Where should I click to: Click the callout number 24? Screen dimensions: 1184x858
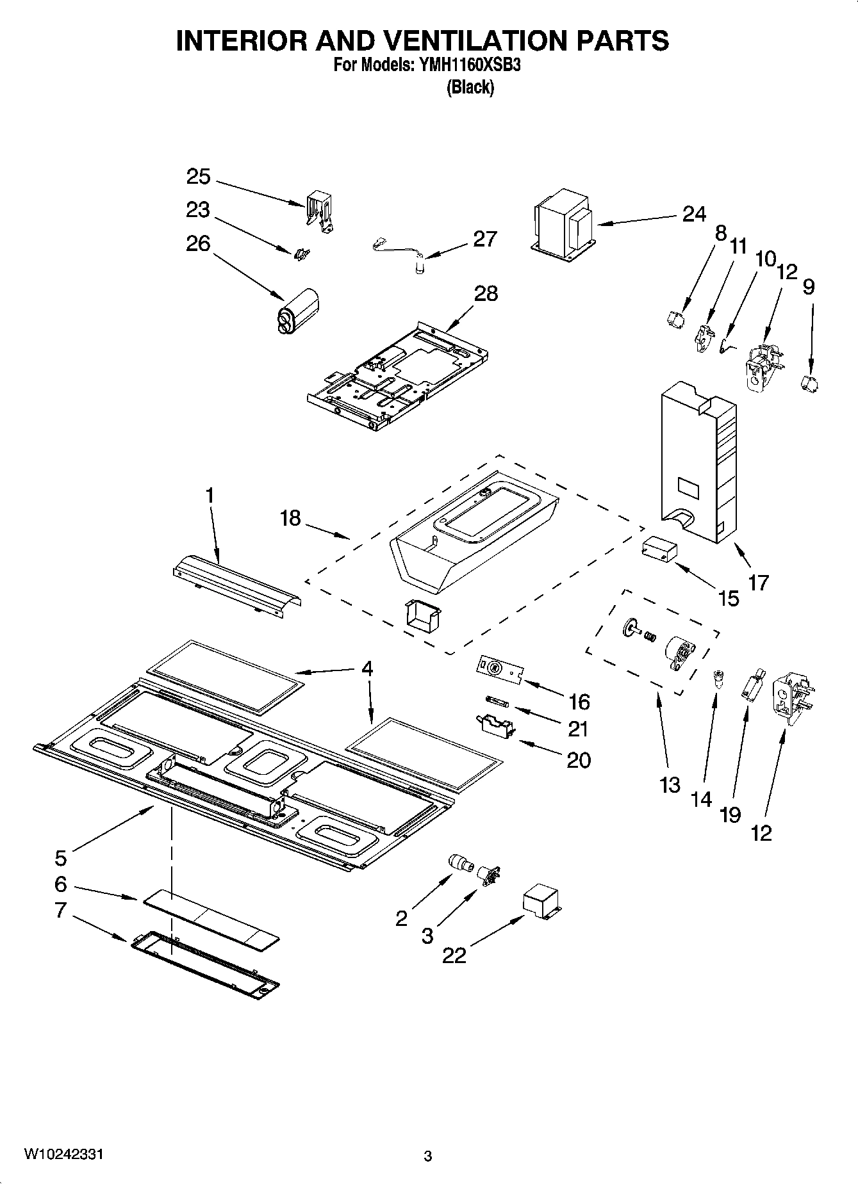pyautogui.click(x=693, y=214)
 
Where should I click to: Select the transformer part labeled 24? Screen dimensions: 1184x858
pyautogui.click(x=563, y=224)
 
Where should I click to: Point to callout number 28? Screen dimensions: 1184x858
pyautogui.click(x=486, y=293)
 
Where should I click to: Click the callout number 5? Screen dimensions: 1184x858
pyautogui.click(x=60, y=857)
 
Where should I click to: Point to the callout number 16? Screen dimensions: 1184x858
pyautogui.click(x=579, y=701)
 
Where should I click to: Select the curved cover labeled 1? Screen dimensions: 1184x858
pyautogui.click(x=237, y=580)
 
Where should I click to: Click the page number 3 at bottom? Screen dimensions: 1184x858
pyautogui.click(x=428, y=1156)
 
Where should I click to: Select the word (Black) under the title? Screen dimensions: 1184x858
pyautogui.click(x=470, y=87)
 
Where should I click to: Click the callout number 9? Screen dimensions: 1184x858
pyautogui.click(x=809, y=286)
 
